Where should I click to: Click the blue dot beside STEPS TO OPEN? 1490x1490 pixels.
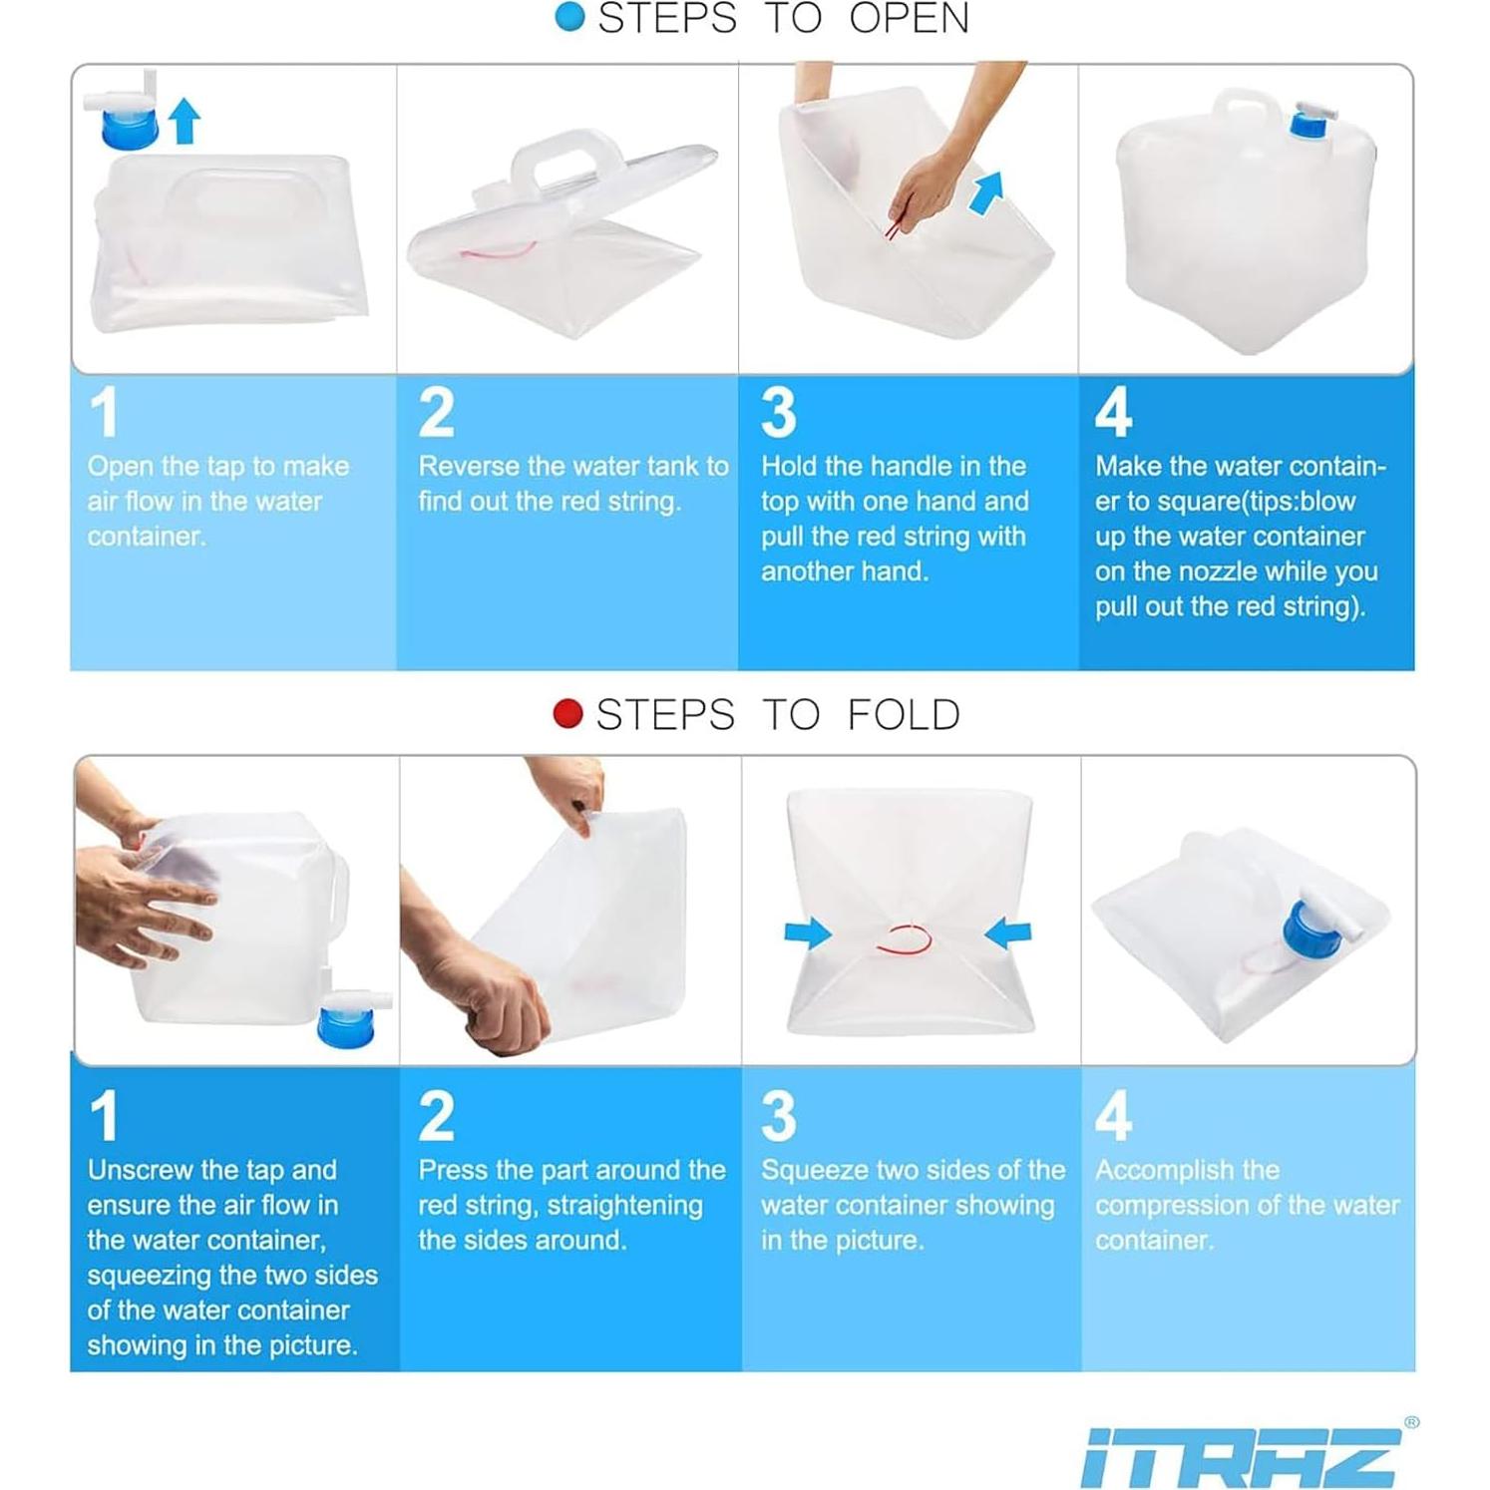(x=569, y=16)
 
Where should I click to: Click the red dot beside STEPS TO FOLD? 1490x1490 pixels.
(x=567, y=714)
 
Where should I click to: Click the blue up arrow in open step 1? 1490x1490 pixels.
(x=184, y=121)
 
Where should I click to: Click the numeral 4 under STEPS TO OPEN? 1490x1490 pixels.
(x=1113, y=412)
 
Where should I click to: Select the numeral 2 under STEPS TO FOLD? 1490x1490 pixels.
(x=437, y=1116)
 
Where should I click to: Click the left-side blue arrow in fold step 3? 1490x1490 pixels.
(x=808, y=932)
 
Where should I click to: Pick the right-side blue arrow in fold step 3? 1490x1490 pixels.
(x=1007, y=932)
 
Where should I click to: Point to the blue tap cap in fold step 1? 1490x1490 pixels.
(x=346, y=1026)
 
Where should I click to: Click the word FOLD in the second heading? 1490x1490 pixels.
(x=904, y=714)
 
